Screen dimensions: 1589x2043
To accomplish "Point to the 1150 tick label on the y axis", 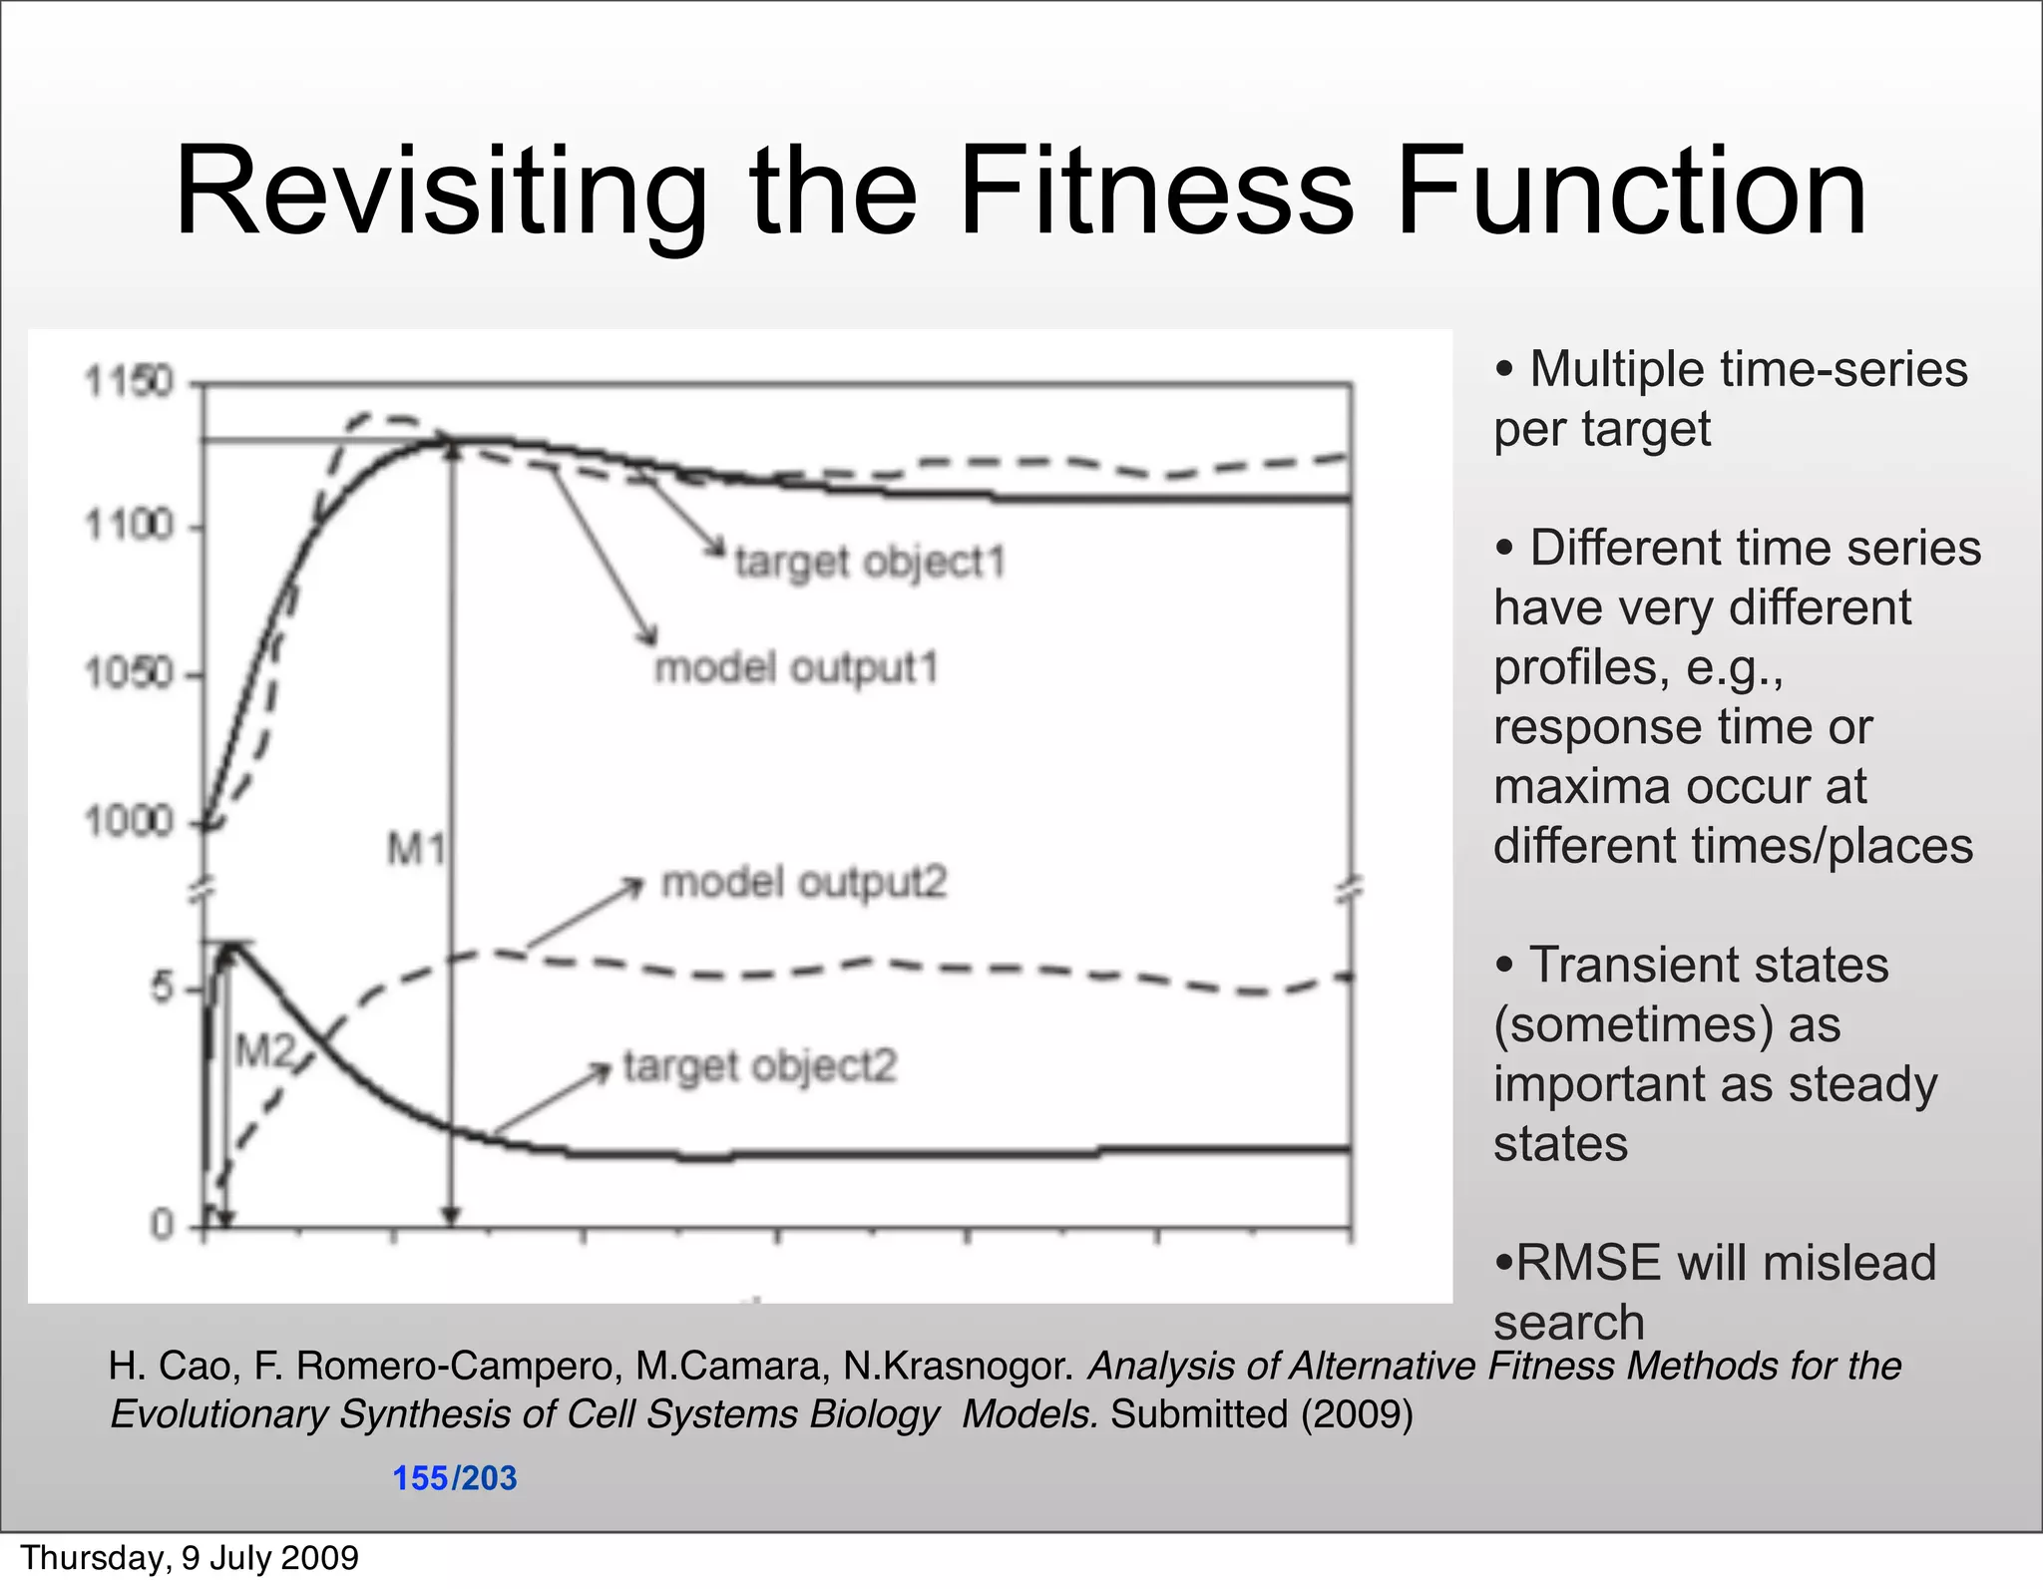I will (x=129, y=382).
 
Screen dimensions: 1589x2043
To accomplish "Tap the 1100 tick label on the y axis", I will (x=129, y=525).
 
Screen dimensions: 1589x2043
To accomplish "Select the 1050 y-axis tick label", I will (x=129, y=674).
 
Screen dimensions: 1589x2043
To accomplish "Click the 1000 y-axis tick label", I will (x=129, y=822).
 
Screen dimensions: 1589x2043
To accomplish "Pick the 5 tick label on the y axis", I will (x=162, y=989).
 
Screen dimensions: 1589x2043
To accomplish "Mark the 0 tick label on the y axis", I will (x=162, y=1224).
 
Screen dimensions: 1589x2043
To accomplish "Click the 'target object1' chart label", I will (x=869, y=563).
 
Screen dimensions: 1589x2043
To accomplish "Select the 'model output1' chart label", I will (x=796, y=668).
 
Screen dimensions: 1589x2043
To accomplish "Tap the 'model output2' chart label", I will (x=804, y=883).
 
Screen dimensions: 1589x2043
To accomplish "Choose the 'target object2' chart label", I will (x=760, y=1066).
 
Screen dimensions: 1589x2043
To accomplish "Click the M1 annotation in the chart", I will (x=415, y=850).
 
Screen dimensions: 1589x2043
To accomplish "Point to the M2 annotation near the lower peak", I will (x=264, y=1050).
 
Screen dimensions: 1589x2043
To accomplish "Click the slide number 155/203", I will (x=455, y=1478).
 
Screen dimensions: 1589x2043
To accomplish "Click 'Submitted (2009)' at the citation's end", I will (x=1262, y=1414).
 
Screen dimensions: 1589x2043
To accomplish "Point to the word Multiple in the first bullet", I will (x=1616, y=369).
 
